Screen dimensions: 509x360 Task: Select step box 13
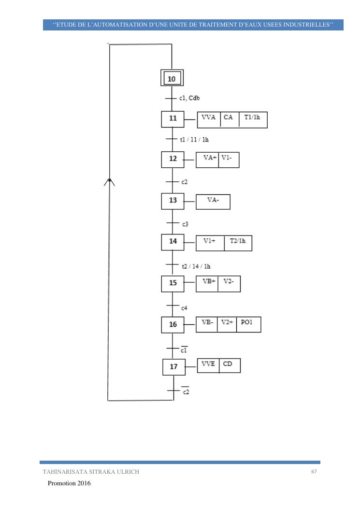[x=173, y=201]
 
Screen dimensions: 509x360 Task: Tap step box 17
[x=174, y=367]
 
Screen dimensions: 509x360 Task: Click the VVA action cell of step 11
[x=209, y=119]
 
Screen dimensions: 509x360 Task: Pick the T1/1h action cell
[x=253, y=119]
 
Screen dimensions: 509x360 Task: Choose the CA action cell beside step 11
[x=229, y=119]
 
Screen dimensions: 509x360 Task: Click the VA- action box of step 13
[x=213, y=202]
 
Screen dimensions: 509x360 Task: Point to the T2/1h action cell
[x=238, y=243]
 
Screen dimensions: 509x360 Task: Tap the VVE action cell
[x=208, y=365]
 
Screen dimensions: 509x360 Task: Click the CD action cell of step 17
[x=229, y=365]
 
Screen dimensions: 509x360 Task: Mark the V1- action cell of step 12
[x=229, y=160]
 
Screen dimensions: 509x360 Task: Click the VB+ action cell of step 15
[x=207, y=284]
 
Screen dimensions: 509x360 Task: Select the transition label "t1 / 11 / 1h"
[x=194, y=140]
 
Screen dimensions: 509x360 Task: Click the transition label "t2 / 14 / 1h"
[x=195, y=266]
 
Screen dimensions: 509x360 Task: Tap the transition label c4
[x=185, y=307]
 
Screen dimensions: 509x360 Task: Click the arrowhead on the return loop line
[x=110, y=181]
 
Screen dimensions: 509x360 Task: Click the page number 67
[x=314, y=472]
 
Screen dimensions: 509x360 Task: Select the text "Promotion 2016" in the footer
[x=69, y=483]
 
